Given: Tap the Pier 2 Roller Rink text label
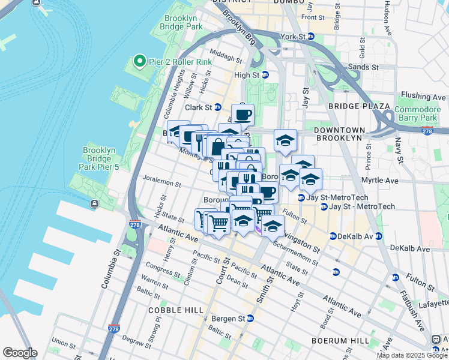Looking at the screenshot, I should click(x=177, y=60).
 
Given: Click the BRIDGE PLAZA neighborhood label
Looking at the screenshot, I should click(x=351, y=106).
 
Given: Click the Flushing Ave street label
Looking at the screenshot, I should click(x=423, y=96).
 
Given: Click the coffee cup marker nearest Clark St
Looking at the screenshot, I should click(x=243, y=113).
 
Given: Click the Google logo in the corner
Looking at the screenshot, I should click(x=20, y=353).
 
